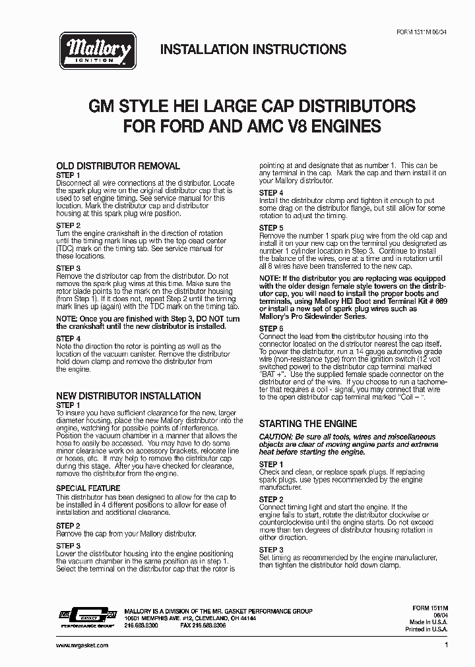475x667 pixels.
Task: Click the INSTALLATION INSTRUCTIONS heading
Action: [x=253, y=49]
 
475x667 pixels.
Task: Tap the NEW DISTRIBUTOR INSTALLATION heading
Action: [x=129, y=396]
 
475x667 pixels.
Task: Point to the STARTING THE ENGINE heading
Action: [x=307, y=424]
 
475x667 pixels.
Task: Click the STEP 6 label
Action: [x=271, y=328]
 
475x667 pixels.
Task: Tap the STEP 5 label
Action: [x=271, y=227]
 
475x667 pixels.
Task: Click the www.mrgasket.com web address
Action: [x=82, y=645]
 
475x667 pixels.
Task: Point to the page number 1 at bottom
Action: [x=447, y=645]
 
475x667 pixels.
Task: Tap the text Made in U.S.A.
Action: [x=428, y=622]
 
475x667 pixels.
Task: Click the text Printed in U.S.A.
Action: [x=425, y=629]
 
